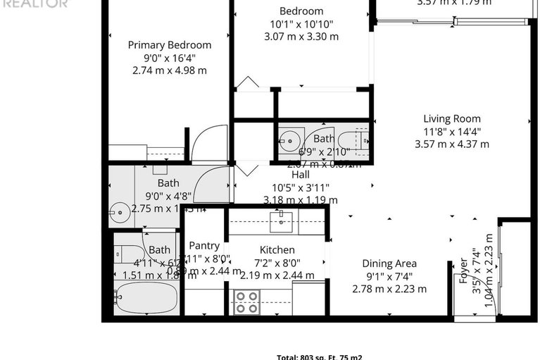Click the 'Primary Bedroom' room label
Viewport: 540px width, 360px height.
(169, 45)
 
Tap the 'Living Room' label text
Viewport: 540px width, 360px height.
(451, 118)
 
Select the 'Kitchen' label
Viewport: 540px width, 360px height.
(277, 250)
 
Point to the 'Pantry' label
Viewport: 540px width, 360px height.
(204, 245)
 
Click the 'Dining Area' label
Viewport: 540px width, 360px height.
(389, 263)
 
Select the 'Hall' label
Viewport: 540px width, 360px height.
(300, 175)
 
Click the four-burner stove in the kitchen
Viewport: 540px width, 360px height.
(246, 302)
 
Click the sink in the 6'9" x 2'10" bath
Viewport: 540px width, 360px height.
(289, 140)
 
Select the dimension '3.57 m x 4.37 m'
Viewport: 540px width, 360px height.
(451, 144)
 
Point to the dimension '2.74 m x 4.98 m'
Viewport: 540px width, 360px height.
(169, 70)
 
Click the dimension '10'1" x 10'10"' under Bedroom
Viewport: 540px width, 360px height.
(301, 24)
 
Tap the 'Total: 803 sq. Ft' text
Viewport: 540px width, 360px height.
(318, 356)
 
